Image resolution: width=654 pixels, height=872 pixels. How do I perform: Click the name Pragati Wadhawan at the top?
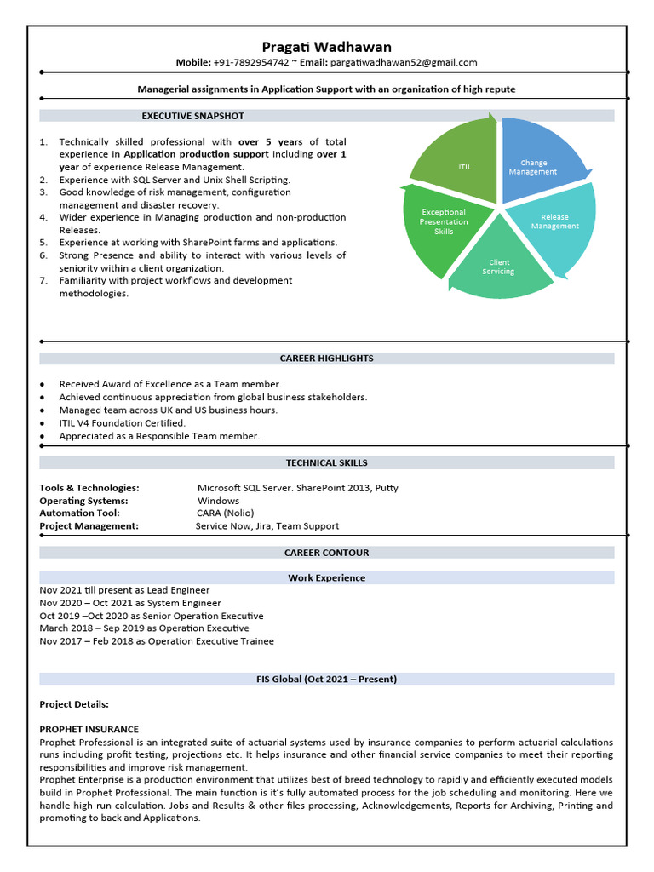pyautogui.click(x=327, y=47)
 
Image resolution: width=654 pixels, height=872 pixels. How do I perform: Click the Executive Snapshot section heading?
pyautogui.click(x=192, y=116)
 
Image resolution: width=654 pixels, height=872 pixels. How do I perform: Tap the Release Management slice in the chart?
pyautogui.click(x=554, y=222)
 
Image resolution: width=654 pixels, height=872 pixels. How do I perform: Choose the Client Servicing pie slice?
pyautogui.click(x=499, y=267)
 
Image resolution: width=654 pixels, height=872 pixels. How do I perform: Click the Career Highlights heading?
pyautogui.click(x=327, y=359)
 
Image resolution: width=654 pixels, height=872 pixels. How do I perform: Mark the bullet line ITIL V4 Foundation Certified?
pyautogui.click(x=122, y=423)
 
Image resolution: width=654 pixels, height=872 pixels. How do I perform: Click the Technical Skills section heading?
pyautogui.click(x=327, y=463)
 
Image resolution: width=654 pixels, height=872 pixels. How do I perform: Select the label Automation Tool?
pyautogui.click(x=79, y=513)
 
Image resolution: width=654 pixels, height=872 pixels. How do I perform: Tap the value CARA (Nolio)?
pyautogui.click(x=218, y=513)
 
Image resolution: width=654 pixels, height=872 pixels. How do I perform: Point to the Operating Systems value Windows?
pyautogui.click(x=218, y=501)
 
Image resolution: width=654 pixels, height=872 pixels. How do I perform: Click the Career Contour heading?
pyautogui.click(x=327, y=553)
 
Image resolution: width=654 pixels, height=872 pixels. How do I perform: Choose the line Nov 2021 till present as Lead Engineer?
pyautogui.click(x=124, y=590)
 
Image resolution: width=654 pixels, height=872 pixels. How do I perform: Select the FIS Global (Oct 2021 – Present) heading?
pyautogui.click(x=327, y=680)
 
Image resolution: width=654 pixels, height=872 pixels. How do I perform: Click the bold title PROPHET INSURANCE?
pyautogui.click(x=89, y=730)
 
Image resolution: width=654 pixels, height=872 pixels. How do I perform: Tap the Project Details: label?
pyautogui.click(x=74, y=704)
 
